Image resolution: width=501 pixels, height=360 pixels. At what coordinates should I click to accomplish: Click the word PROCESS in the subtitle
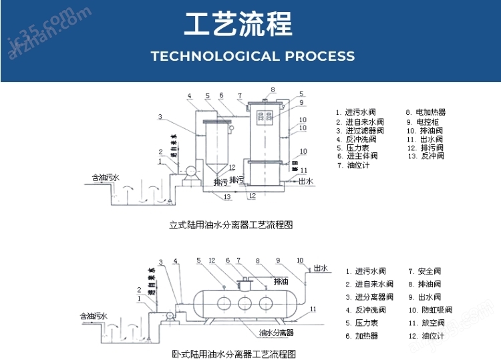click(320, 56)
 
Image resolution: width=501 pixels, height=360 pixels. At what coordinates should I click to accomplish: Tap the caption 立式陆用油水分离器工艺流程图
click(230, 225)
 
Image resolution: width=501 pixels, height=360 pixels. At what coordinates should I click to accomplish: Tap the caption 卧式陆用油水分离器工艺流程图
click(233, 354)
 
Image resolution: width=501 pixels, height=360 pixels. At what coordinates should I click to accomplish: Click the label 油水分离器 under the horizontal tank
click(277, 332)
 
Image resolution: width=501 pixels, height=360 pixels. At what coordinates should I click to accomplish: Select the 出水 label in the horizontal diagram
click(320, 268)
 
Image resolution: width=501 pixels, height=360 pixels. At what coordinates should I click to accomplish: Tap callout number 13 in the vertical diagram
click(227, 196)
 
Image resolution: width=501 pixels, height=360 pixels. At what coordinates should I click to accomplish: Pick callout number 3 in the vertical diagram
click(160, 117)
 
